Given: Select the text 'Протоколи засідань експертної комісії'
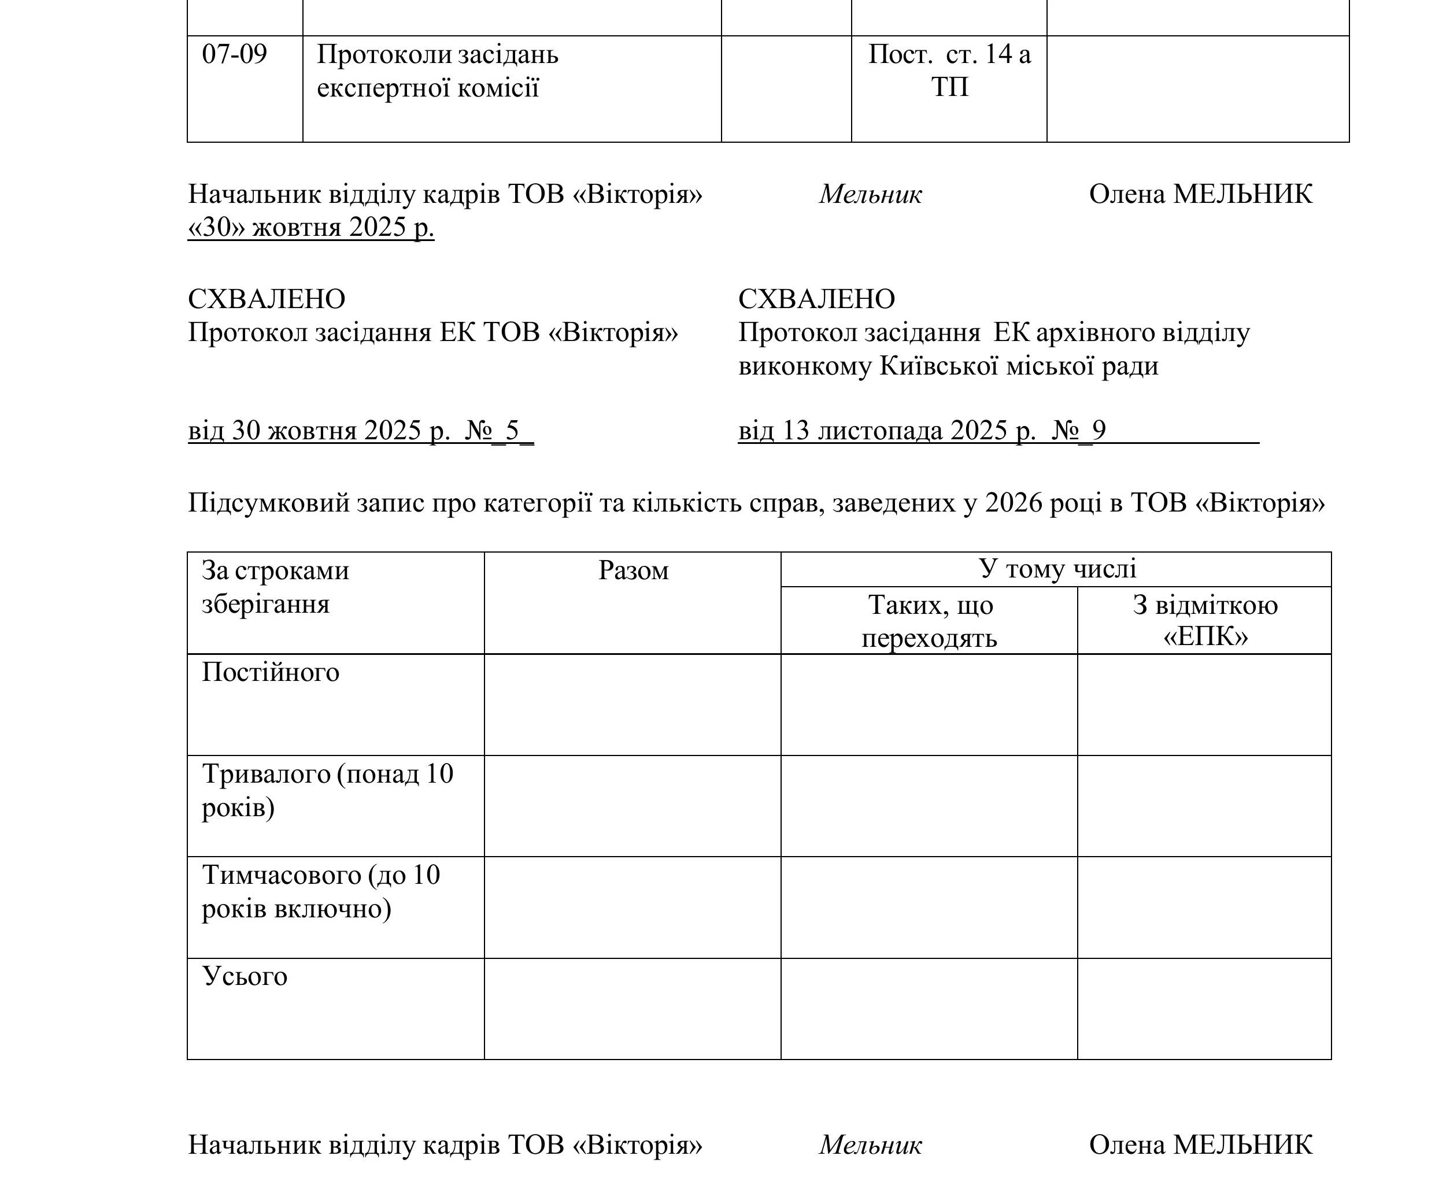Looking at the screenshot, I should (437, 71).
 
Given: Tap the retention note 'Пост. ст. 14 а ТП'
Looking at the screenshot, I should (949, 71).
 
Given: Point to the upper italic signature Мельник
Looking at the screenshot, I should (870, 195).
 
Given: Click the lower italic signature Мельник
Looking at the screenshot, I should (870, 1145).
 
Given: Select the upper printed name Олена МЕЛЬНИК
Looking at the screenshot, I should (1200, 195).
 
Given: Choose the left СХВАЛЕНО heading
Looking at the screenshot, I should (267, 299).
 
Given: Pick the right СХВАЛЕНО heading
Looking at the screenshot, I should (816, 299).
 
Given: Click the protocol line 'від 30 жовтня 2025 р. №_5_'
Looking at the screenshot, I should (360, 431).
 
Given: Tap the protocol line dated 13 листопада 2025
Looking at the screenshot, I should (923, 431).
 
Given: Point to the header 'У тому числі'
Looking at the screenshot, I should (1057, 569).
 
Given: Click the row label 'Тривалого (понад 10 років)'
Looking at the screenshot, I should (327, 791).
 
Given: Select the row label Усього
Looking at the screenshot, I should (245, 976).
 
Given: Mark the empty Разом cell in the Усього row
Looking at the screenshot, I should (633, 1009).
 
